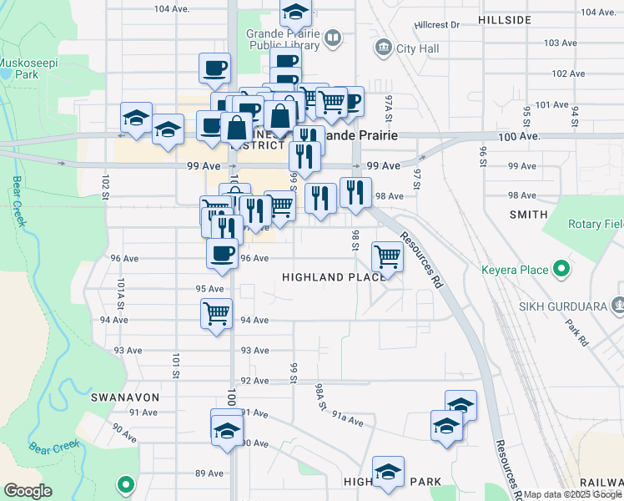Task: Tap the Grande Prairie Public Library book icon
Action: click(x=333, y=38)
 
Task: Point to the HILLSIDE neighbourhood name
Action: click(x=506, y=19)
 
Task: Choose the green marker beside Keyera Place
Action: click(x=561, y=270)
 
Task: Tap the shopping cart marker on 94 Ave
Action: click(x=217, y=314)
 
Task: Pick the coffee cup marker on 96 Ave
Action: click(x=222, y=253)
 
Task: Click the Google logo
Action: click(x=28, y=491)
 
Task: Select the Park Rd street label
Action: click(x=576, y=331)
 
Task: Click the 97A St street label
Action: click(x=389, y=107)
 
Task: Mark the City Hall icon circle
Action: click(x=384, y=46)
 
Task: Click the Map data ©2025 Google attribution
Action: click(x=572, y=494)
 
